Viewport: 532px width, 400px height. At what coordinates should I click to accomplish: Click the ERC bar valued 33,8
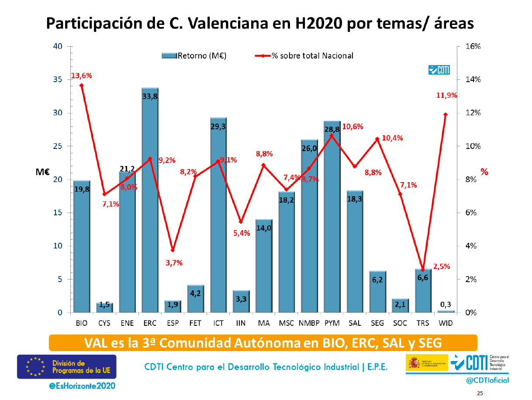(x=150, y=201)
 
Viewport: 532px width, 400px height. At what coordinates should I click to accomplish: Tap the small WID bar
(x=446, y=311)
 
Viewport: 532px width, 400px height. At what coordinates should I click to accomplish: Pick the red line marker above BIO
(x=82, y=85)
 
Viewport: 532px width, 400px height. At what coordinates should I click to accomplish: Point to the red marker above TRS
(x=423, y=270)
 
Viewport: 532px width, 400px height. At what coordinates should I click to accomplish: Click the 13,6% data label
(x=82, y=76)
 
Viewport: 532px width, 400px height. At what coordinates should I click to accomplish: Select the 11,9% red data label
(x=446, y=95)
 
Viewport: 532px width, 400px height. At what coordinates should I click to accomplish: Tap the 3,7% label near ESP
(x=174, y=263)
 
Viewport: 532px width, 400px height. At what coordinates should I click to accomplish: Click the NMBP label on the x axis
(x=309, y=324)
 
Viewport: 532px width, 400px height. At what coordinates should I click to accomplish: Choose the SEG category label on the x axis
(x=377, y=324)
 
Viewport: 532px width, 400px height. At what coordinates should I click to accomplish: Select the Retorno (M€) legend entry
(x=194, y=55)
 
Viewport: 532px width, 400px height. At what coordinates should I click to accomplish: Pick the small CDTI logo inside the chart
(x=439, y=70)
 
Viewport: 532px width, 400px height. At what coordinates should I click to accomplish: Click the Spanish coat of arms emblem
(x=413, y=362)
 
